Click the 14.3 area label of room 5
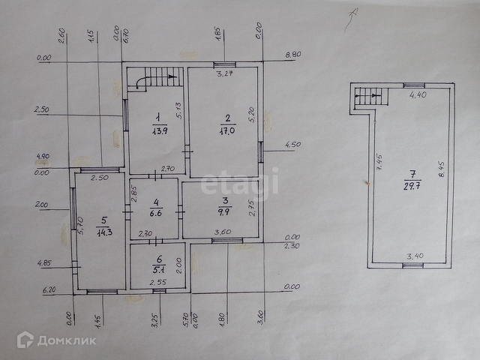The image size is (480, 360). [104, 231]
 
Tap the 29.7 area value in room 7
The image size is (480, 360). [411, 185]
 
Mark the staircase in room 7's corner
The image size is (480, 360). [367, 96]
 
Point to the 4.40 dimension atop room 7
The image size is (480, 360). [418, 95]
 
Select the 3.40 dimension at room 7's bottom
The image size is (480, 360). [415, 256]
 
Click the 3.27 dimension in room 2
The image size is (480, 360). [225, 73]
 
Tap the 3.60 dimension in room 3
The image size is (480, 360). [223, 232]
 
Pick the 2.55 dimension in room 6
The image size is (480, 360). [157, 282]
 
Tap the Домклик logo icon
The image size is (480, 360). [25, 340]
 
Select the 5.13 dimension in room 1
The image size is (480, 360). [179, 110]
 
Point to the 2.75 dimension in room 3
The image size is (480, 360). [253, 208]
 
